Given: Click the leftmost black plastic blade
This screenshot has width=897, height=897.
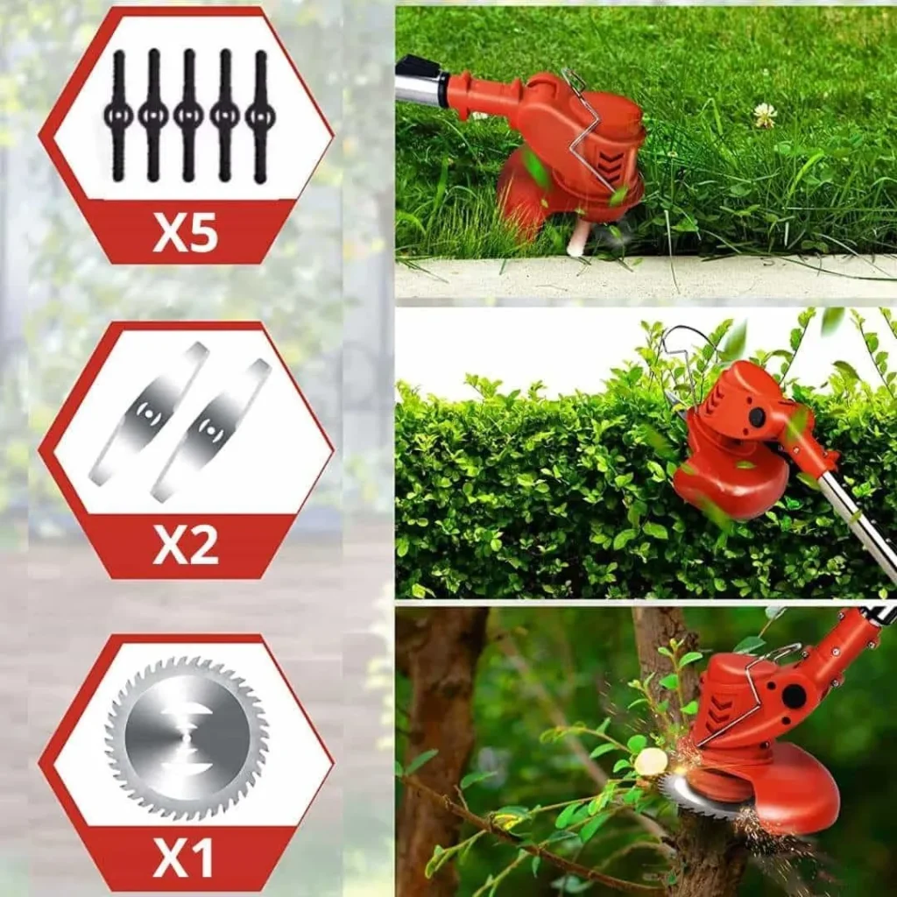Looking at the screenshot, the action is click(118, 116).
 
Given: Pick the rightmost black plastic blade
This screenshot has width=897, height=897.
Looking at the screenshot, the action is click(260, 117).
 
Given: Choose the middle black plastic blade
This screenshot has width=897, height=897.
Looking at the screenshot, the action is click(189, 116).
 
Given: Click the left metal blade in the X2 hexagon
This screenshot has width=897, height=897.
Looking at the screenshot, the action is click(148, 413).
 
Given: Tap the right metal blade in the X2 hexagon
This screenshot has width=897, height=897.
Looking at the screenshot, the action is click(210, 429).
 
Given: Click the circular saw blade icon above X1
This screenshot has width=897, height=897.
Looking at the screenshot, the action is click(187, 738).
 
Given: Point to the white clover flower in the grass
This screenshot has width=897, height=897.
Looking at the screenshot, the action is click(765, 115).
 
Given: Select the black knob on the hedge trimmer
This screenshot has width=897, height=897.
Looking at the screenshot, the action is click(757, 417).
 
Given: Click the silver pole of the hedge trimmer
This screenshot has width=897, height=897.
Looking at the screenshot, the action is click(858, 526).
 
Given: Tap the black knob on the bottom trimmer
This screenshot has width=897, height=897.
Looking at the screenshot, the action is click(794, 696).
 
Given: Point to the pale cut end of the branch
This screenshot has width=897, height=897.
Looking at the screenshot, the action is click(651, 761).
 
